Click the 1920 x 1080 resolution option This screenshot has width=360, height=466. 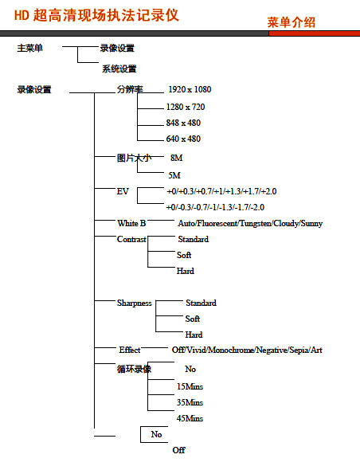click(190, 89)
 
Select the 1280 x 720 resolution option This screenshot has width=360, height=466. click(186, 107)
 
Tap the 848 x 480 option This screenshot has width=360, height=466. click(183, 123)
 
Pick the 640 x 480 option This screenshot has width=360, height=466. click(183, 139)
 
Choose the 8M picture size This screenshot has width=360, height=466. click(177, 158)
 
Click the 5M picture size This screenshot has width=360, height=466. click(174, 175)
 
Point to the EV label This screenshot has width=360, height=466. click(123, 191)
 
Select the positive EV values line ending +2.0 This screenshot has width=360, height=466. click(221, 191)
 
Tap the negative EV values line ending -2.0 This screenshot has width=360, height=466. click(215, 207)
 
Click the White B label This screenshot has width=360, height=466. click(131, 223)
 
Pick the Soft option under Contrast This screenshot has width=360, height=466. click(184, 255)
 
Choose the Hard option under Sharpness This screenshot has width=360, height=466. click(194, 335)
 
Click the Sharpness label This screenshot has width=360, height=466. click(135, 303)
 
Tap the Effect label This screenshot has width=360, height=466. click(130, 350)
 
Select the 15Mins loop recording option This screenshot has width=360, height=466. click(190, 386)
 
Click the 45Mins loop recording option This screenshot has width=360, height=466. click(190, 418)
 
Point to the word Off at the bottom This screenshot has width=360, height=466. click(179, 450)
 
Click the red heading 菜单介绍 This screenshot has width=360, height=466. click(291, 22)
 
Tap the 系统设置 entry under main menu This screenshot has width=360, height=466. click(119, 69)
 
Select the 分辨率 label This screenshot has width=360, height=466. click(130, 89)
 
